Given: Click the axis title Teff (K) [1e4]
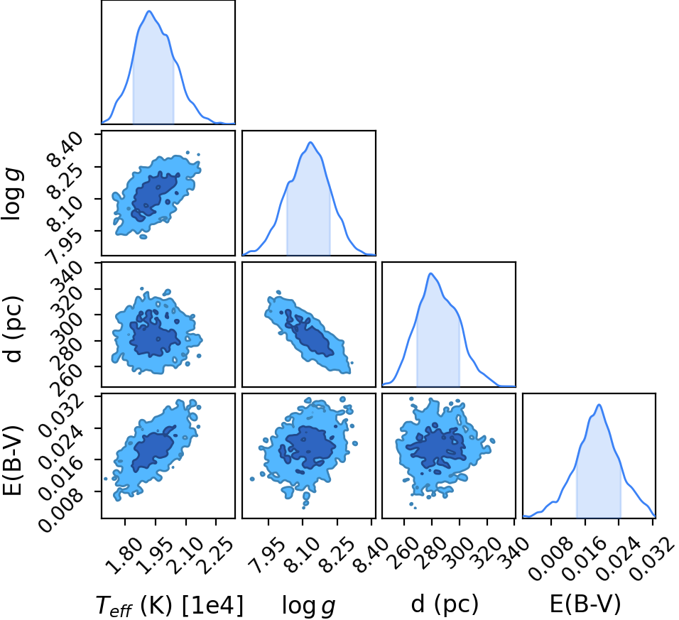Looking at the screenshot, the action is coord(170,604).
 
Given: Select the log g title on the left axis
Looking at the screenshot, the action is coord(13,195).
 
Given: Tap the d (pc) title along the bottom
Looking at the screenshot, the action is coord(445,604).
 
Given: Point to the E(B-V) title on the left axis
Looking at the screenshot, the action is coord(13,459).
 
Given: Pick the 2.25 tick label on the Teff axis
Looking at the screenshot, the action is coord(216,555).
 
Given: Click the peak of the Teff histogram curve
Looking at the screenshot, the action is coord(149,11).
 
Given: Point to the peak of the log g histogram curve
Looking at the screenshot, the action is coord(310,142).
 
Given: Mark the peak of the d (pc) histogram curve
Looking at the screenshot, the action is coord(430,273).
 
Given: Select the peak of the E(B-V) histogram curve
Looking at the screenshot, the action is coord(599,405).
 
